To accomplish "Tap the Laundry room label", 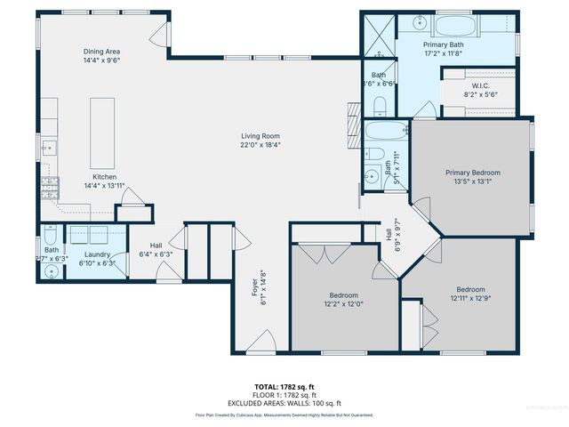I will pyautogui.click(x=97, y=254).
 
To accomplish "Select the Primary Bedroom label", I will pyautogui.click(x=472, y=172).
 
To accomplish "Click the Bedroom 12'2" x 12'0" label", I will pyautogui.click(x=343, y=295).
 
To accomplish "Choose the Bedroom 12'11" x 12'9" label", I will pyautogui.click(x=470, y=289).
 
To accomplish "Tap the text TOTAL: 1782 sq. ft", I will pyautogui.click(x=284, y=386).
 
